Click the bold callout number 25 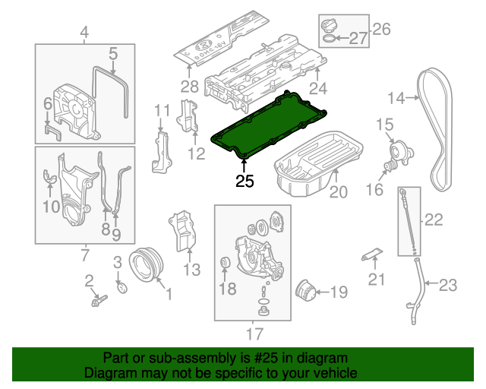(x=245, y=181)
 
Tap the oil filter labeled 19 (x=305, y=291)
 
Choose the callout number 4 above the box (x=84, y=32)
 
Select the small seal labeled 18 (x=225, y=264)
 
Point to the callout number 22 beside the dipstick (x=433, y=220)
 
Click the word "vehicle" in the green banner (x=331, y=374)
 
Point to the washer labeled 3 (x=121, y=287)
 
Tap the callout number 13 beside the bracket (x=191, y=268)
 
